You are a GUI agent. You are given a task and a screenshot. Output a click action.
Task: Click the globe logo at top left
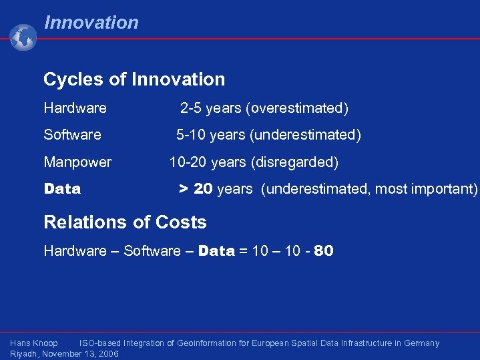pos(23,37)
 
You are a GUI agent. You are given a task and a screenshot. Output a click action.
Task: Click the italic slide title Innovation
pos(91,23)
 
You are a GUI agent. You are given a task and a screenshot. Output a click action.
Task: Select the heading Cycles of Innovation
pos(134,79)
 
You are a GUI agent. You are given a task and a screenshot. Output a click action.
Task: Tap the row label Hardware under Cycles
pos(75,108)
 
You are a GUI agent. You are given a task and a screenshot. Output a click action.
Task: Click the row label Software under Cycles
pos(72,135)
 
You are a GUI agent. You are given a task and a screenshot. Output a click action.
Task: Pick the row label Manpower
pos(77,162)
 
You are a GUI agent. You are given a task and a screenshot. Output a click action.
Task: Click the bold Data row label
pos(62,189)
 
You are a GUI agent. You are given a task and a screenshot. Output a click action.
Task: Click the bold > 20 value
pos(196,189)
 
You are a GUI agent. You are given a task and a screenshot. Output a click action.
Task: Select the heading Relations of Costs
pos(125,222)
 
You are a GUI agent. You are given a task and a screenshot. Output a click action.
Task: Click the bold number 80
pos(323,251)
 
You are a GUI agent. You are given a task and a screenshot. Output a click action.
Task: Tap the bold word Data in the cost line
pos(216,251)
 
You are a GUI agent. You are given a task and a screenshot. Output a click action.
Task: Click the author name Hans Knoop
pos(34,343)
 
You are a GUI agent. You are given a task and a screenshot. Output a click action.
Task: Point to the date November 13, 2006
pos(80,353)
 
